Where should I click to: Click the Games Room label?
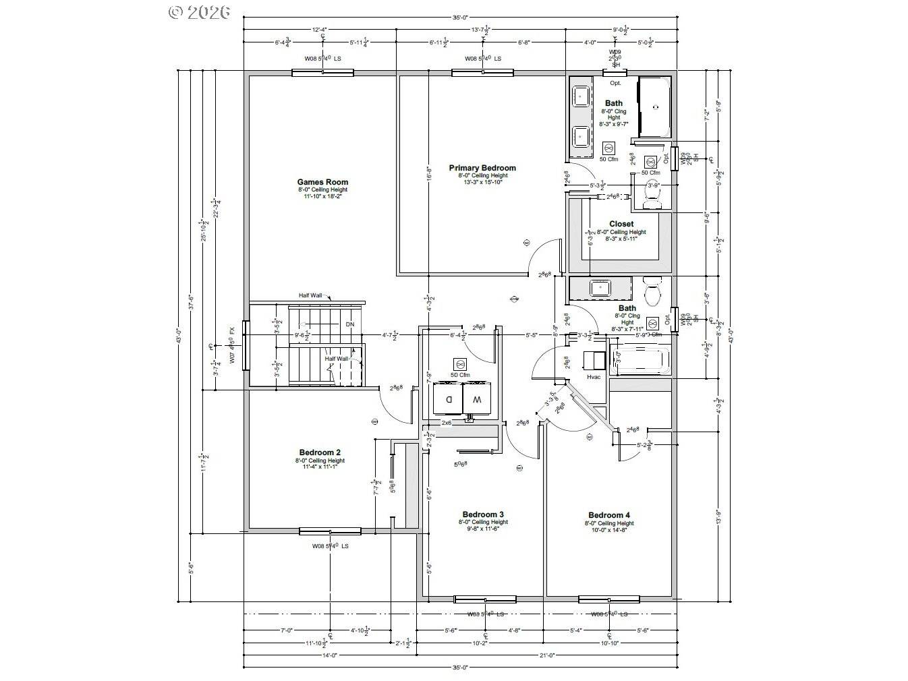coord(322,182)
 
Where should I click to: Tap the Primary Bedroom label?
coord(482,168)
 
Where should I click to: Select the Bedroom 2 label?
coord(320,452)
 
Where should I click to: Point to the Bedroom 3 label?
coord(483,514)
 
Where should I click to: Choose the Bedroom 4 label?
coord(609,515)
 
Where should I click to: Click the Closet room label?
coord(621,224)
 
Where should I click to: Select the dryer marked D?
coord(448,399)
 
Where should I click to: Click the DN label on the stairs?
coord(349,324)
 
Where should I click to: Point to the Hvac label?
coord(593,377)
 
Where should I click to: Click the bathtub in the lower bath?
coord(640,360)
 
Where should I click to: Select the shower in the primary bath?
coord(654,107)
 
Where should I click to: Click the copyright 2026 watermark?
coord(199,11)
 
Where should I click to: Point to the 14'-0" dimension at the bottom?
coord(329,655)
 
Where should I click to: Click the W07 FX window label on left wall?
coord(232,346)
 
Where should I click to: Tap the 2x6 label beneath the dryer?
coord(446,423)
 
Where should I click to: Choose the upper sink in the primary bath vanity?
coord(580,96)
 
